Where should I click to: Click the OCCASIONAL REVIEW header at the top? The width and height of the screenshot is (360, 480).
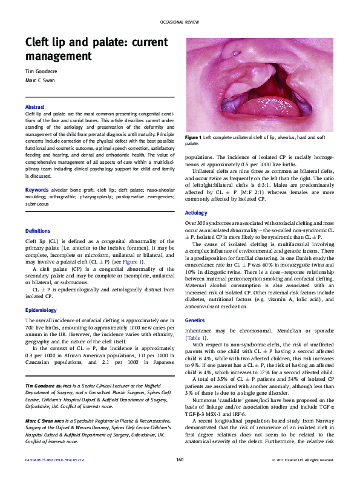tap(180, 22)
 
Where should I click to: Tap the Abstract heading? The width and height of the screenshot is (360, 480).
tap(34, 107)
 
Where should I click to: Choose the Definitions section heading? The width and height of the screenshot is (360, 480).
tap(38, 231)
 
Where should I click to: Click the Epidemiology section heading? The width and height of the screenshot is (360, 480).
tap(40, 310)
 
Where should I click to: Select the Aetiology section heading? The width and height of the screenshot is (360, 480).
tap(196, 213)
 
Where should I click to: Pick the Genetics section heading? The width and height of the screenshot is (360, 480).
tap(195, 320)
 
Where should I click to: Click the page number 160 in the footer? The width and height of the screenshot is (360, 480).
tap(180, 460)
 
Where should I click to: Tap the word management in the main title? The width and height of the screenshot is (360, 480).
tap(56, 56)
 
